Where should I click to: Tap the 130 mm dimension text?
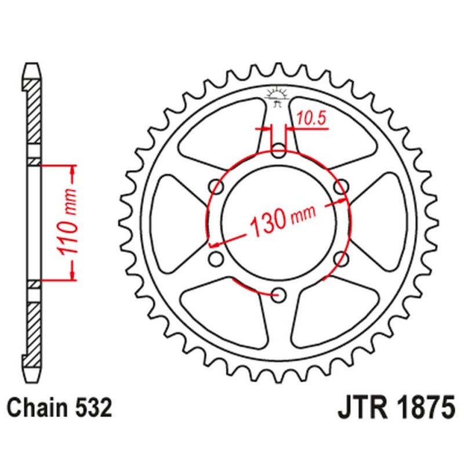coord(282,219)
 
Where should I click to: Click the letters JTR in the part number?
coord(362,408)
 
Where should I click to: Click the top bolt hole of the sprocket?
coord(279,153)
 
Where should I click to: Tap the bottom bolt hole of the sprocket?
coord(279,294)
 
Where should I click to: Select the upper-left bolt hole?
coord(218,187)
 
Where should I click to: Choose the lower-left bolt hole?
coord(217,258)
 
